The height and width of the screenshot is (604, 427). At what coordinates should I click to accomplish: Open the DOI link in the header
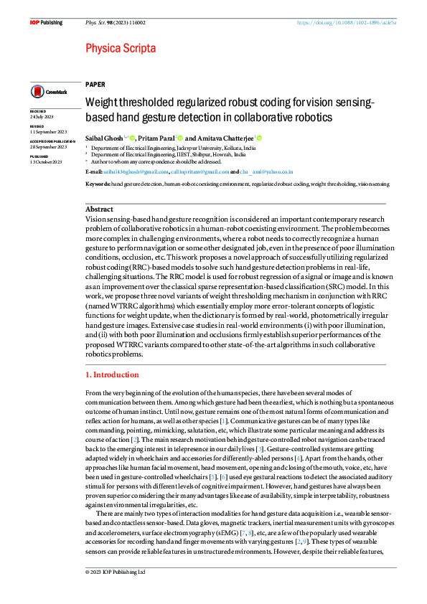pyautogui.click(x=347, y=22)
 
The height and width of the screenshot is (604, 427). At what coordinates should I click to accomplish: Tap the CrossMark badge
pyautogui.click(x=49, y=92)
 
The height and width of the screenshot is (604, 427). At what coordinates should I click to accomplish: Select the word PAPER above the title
pyautogui.click(x=95, y=84)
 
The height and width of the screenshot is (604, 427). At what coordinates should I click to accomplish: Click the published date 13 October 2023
pyautogui.click(x=47, y=162)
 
